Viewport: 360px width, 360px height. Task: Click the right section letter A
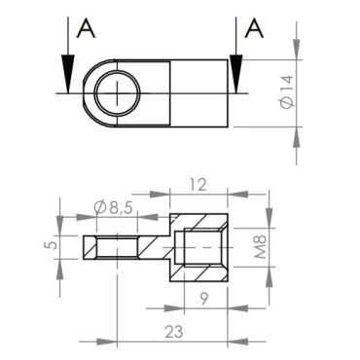pyautogui.click(x=255, y=28)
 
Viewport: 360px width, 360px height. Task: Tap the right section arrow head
pyautogui.click(x=234, y=77)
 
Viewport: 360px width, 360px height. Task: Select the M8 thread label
pyautogui.click(x=259, y=246)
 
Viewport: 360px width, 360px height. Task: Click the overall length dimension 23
pyautogui.click(x=174, y=331)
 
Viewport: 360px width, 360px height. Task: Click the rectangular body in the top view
pyautogui.click(x=199, y=93)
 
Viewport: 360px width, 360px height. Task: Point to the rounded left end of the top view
pyautogui.click(x=86, y=93)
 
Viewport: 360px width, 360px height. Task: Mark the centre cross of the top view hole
pyautogui.click(x=117, y=93)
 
